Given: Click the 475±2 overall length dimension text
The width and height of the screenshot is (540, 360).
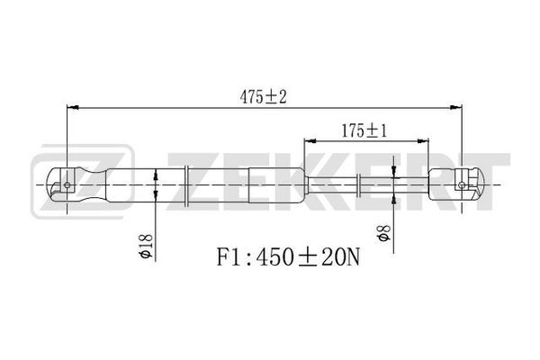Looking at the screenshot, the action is click(x=263, y=97).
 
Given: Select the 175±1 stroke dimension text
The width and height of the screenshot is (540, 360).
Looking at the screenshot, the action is click(x=364, y=130).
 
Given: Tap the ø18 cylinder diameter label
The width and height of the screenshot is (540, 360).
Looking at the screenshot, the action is click(x=145, y=246).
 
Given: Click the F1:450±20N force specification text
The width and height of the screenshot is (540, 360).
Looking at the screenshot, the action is click(x=288, y=257).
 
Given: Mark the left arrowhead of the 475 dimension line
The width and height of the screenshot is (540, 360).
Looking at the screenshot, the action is click(x=72, y=107).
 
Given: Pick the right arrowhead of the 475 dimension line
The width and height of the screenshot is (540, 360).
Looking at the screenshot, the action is click(x=455, y=107).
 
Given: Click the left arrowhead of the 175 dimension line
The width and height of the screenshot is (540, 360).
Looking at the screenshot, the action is click(x=310, y=140).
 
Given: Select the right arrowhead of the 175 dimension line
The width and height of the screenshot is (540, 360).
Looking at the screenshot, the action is click(x=423, y=140).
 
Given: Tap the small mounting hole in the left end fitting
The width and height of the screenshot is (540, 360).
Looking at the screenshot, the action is click(x=67, y=185).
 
